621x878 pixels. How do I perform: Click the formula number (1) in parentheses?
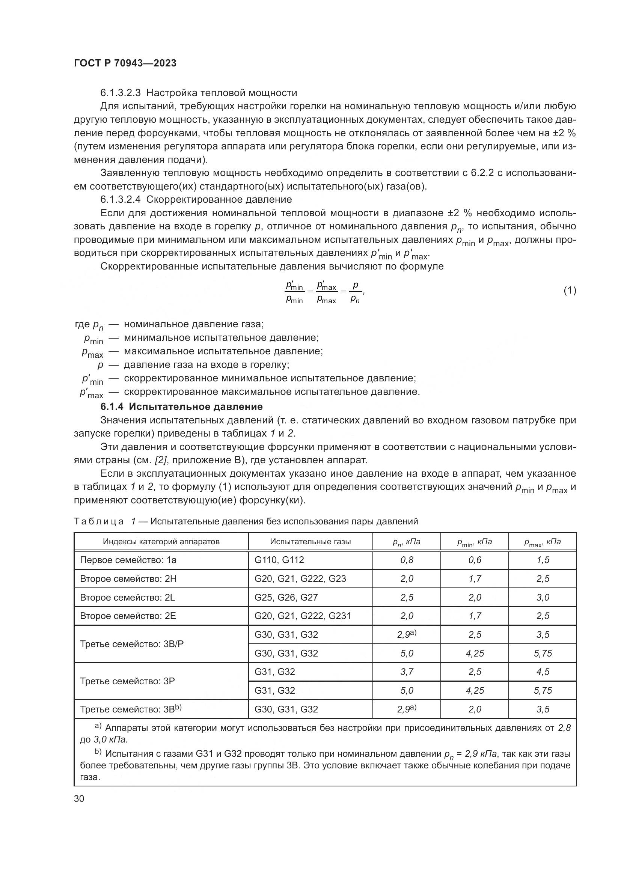coord(570,291)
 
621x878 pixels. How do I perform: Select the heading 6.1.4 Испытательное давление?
coord(182,406)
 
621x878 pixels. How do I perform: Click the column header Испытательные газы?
coord(310,542)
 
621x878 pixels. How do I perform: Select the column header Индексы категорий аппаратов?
coord(161,542)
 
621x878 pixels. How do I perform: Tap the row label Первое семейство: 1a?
coord(128,560)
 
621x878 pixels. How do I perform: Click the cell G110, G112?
coord(279,560)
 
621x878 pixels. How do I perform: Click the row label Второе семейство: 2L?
coord(127,597)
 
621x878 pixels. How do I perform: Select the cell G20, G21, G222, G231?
coord(303,616)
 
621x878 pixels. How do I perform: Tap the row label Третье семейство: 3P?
coord(127,681)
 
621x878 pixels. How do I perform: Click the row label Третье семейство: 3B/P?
coord(131,644)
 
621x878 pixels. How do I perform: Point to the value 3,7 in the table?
coord(407,672)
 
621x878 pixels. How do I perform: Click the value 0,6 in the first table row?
coord(475,560)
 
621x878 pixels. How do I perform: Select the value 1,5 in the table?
coord(543,560)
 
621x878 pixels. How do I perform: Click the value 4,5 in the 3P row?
coord(543,672)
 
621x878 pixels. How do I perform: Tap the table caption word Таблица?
coord(99,522)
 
